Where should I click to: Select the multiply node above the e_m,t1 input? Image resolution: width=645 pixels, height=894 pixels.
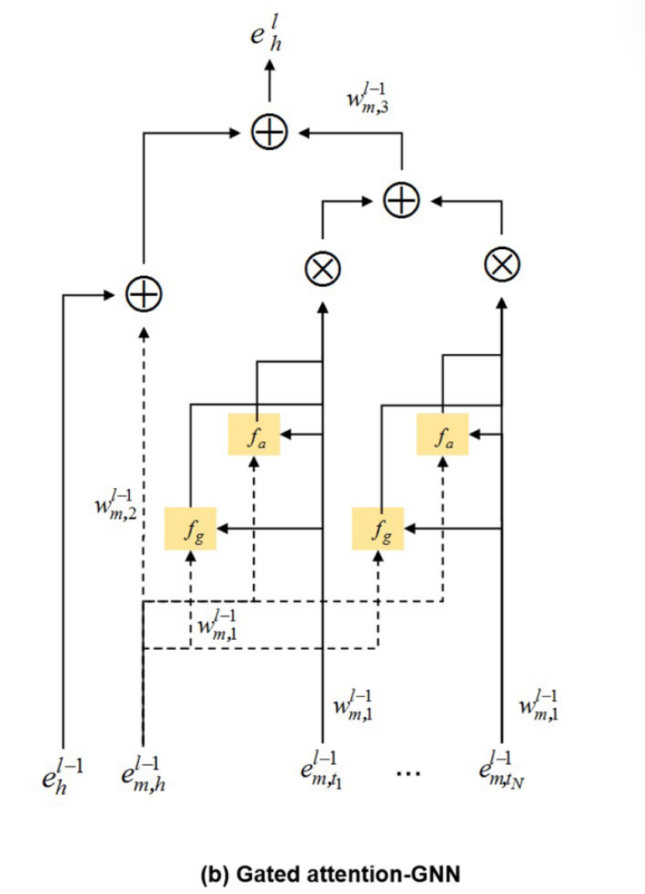[322, 267]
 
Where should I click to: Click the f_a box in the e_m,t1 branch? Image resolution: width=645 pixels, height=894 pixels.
[254, 434]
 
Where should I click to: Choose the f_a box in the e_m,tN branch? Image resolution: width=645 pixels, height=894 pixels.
[442, 434]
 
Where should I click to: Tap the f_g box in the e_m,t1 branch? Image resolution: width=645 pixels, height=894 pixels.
[191, 529]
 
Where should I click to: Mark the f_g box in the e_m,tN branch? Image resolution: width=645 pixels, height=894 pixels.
[379, 529]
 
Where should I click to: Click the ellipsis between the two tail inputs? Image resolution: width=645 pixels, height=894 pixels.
[407, 772]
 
